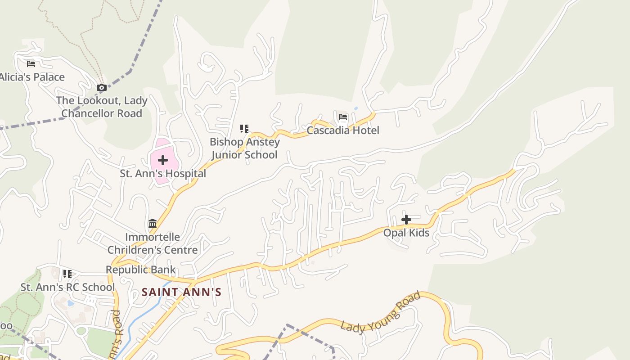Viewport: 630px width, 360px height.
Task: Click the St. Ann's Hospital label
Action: pyautogui.click(x=163, y=173)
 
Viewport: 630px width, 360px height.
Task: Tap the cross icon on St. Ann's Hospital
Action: pyautogui.click(x=163, y=160)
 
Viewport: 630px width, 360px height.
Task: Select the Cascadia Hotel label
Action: pyautogui.click(x=343, y=130)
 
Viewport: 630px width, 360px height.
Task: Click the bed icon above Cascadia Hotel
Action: pyautogui.click(x=343, y=118)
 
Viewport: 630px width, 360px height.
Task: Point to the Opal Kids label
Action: pyautogui.click(x=406, y=233)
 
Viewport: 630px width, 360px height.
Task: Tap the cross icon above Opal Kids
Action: pyautogui.click(x=406, y=220)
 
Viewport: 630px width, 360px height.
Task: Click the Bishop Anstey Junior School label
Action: pyautogui.click(x=245, y=148)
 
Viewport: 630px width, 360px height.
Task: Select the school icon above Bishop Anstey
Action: pyautogui.click(x=244, y=129)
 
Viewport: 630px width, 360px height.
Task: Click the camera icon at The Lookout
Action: pyautogui.click(x=102, y=88)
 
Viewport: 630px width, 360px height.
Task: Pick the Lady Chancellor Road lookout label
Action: pyautogui.click(x=102, y=107)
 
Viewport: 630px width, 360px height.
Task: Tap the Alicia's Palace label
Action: pyautogui.click(x=32, y=77)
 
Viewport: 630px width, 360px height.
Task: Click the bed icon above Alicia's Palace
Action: pyautogui.click(x=31, y=64)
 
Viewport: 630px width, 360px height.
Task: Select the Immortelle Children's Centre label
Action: pyautogui.click(x=153, y=243)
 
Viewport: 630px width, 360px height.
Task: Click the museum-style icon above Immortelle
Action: pyautogui.click(x=153, y=223)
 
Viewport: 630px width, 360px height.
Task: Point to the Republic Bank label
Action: pyautogui.click(x=141, y=270)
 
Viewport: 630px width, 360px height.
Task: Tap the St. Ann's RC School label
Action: pyautogui.click(x=67, y=287)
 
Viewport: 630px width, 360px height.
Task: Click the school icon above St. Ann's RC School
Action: pyautogui.click(x=67, y=274)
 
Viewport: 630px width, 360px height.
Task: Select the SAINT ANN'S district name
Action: pyautogui.click(x=182, y=292)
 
